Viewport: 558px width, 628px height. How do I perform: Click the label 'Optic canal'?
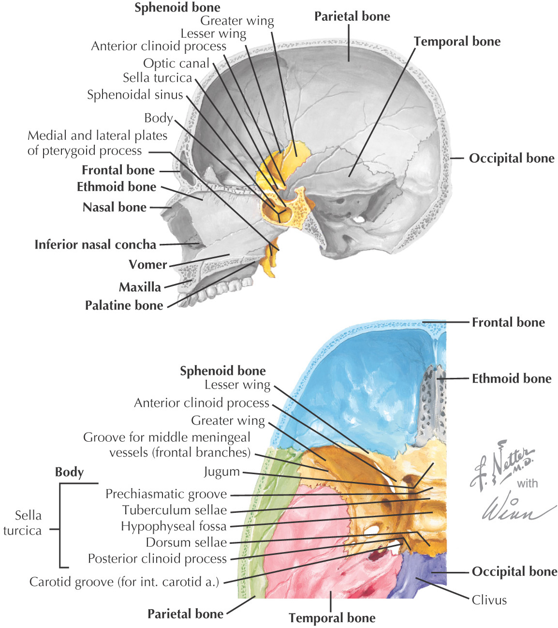(x=176, y=63)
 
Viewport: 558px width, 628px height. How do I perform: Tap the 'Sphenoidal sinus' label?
(x=135, y=95)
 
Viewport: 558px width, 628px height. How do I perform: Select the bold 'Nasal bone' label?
(x=115, y=207)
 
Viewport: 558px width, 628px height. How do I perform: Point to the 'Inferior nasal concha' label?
(x=95, y=244)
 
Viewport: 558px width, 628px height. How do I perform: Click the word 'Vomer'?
(x=147, y=265)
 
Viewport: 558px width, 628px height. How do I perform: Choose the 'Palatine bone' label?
(x=124, y=305)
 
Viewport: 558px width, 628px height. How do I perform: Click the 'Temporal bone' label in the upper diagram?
(x=457, y=42)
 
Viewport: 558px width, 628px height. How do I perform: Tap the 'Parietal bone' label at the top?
(x=352, y=16)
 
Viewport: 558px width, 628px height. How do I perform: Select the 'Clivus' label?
(x=489, y=600)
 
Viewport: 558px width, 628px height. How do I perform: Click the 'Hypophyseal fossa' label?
(x=174, y=526)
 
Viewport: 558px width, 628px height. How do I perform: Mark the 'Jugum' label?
(x=221, y=472)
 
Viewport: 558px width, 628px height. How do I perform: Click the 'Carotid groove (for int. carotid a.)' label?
(x=124, y=582)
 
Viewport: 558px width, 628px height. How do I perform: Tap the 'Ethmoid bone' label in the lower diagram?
(x=512, y=378)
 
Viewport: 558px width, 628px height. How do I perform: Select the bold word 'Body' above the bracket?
(x=69, y=472)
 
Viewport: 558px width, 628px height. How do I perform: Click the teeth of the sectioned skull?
(x=218, y=290)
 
